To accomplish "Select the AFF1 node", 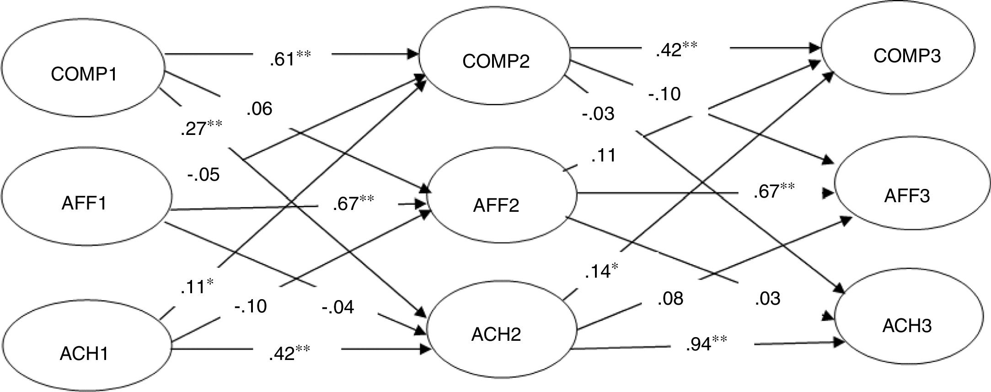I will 85,203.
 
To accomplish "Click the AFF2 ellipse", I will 496,205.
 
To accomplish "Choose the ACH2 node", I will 496,335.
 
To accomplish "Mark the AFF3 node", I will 908,196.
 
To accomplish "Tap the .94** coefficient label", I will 706,343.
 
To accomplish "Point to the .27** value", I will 201,129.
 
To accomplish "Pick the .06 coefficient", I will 259,109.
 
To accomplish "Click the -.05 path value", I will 204,174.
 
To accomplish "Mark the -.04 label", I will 338,307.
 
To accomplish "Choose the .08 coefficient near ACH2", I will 670,299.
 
